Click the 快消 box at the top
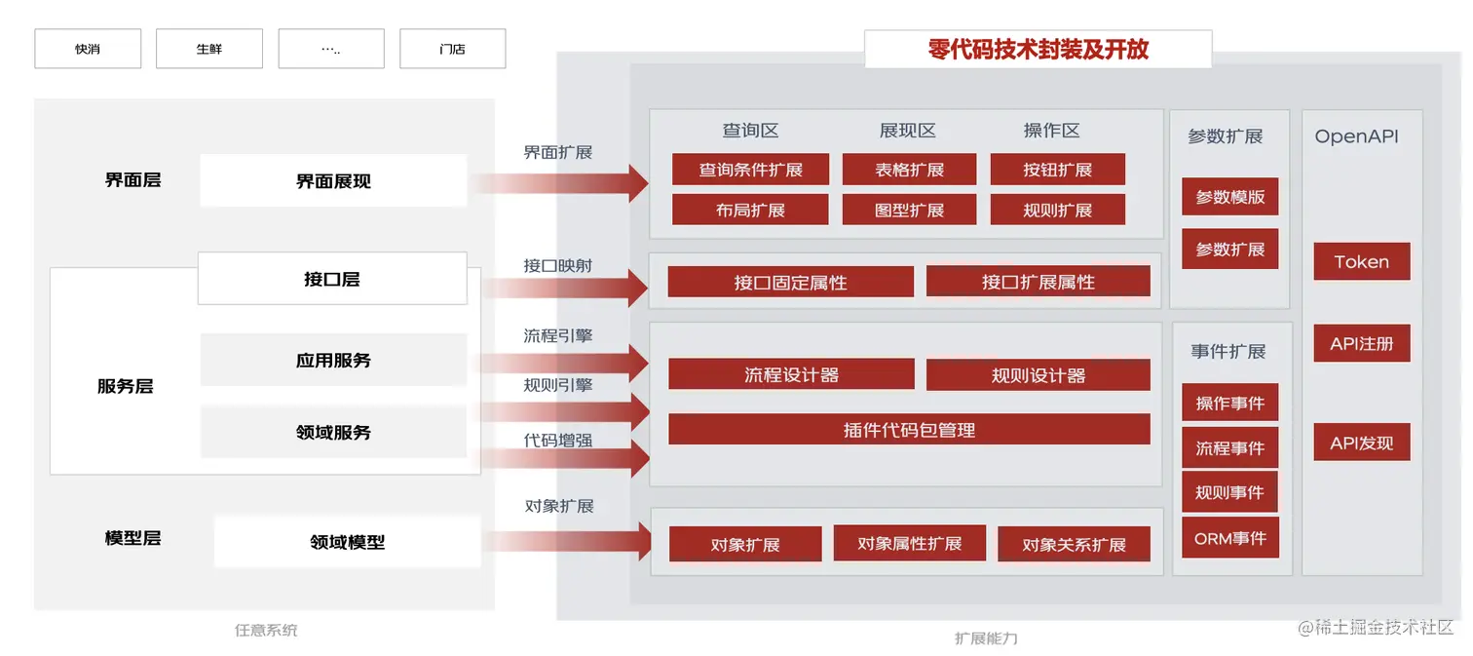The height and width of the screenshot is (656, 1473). coord(88,49)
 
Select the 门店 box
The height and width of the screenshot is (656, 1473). coord(452,49)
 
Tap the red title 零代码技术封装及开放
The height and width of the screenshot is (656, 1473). coord(1039,50)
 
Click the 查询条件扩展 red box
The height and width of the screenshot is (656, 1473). coord(750,170)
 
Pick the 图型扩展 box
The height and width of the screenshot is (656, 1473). coord(909,210)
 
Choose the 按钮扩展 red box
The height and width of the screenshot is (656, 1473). coord(1057,170)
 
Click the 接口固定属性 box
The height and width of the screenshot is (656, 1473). coord(790,283)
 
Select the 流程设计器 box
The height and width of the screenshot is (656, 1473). coord(791,375)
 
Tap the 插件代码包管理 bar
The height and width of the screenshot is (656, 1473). coord(909,430)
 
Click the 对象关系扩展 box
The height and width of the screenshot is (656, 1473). coord(1074,545)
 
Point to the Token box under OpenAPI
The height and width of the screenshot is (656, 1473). coord(1361,262)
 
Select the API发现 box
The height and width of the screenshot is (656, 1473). coord(1361,444)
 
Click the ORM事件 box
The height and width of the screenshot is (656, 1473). coord(1229,538)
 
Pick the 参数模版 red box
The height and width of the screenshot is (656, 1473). coord(1229,197)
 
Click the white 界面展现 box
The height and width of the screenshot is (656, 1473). coord(333,181)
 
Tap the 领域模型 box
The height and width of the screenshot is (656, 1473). coord(347,542)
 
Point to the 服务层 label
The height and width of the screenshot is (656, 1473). coord(125,386)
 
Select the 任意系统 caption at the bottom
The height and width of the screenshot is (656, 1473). coord(266,631)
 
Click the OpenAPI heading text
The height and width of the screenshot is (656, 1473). coord(1356,136)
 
